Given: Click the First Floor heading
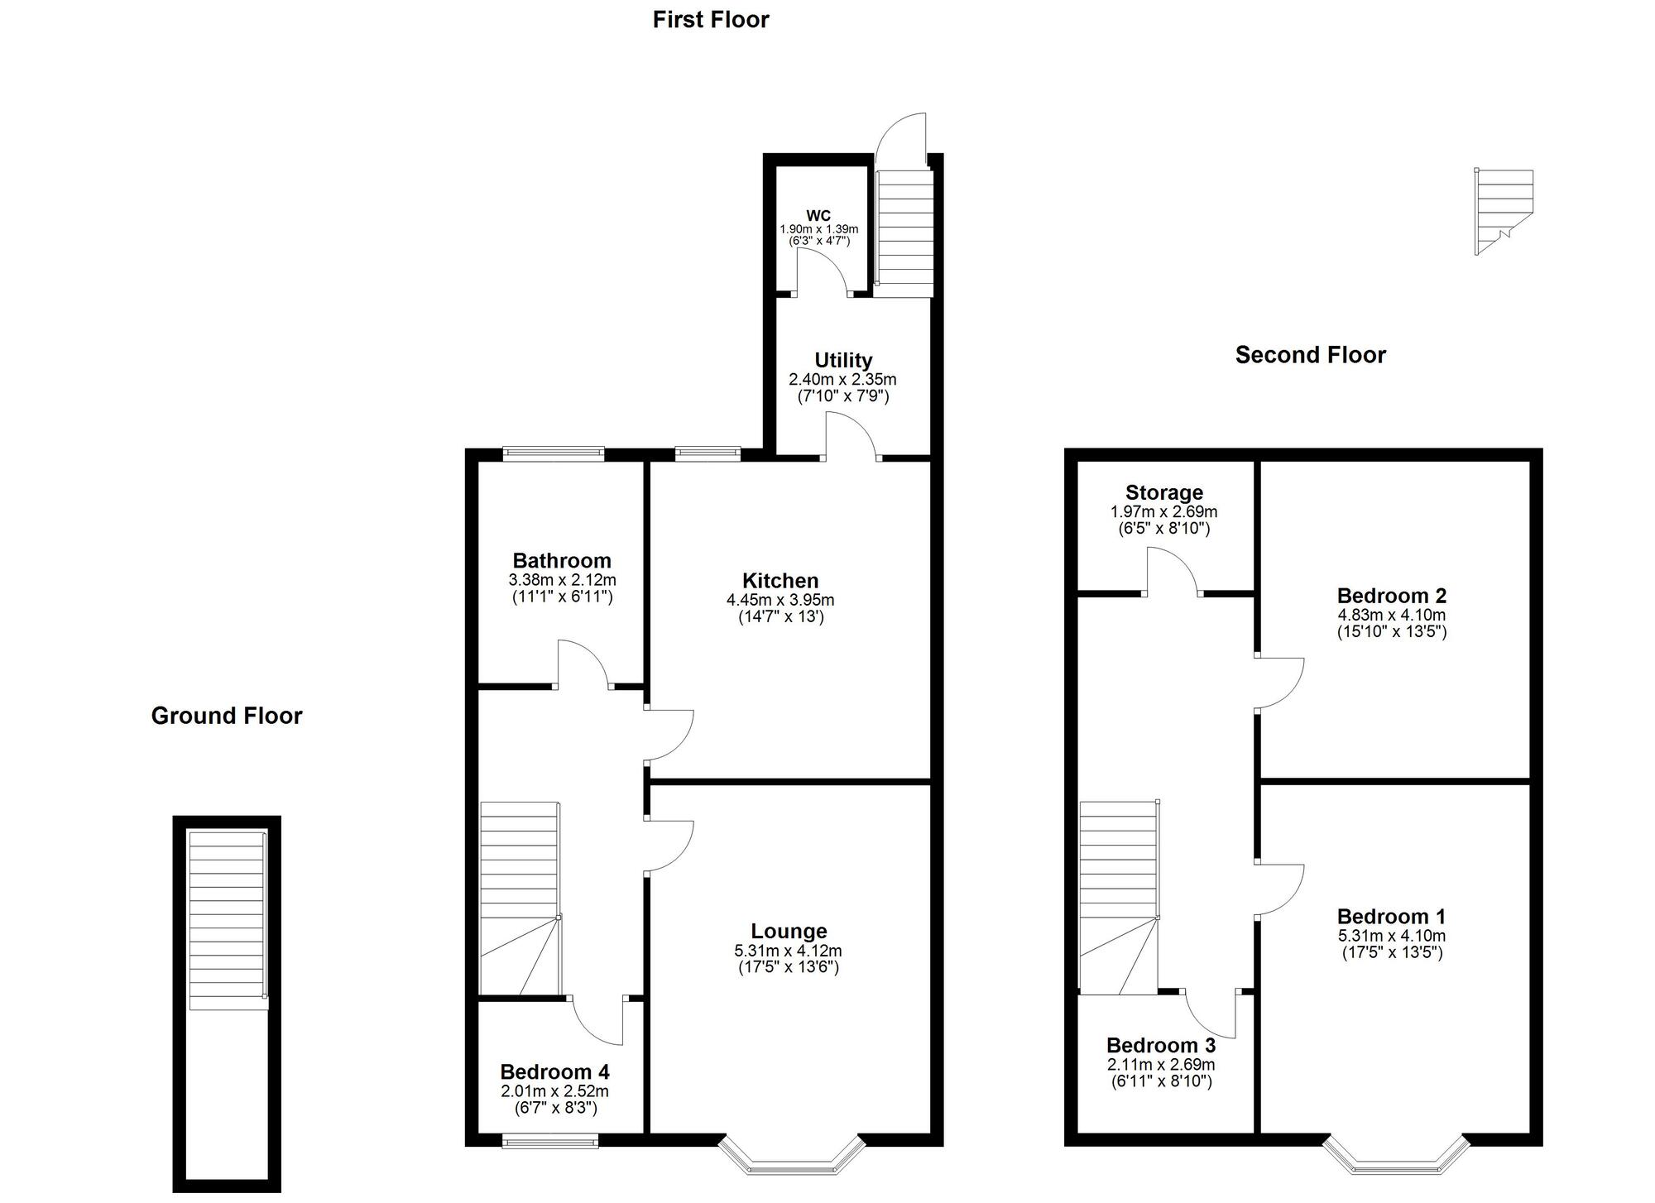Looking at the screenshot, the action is click(711, 20).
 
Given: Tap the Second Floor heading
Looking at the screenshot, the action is click(1310, 355).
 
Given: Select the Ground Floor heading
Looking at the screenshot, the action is click(227, 716).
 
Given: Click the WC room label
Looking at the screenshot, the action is click(818, 216).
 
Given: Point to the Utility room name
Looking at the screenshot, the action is click(843, 360).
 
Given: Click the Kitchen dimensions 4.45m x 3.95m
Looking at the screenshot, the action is click(780, 600).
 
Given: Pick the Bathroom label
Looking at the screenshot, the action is click(562, 560).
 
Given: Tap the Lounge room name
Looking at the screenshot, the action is click(789, 932).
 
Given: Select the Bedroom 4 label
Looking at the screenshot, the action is click(554, 1072).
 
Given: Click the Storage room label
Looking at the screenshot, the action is click(1164, 493).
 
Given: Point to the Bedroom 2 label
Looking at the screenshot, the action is click(1392, 596).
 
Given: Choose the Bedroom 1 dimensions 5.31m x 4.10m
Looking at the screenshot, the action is click(1392, 936).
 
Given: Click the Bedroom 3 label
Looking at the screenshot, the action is click(1161, 1046).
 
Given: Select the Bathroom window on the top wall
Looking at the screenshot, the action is click(554, 453).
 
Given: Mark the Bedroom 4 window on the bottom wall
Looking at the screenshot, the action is click(550, 1143).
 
